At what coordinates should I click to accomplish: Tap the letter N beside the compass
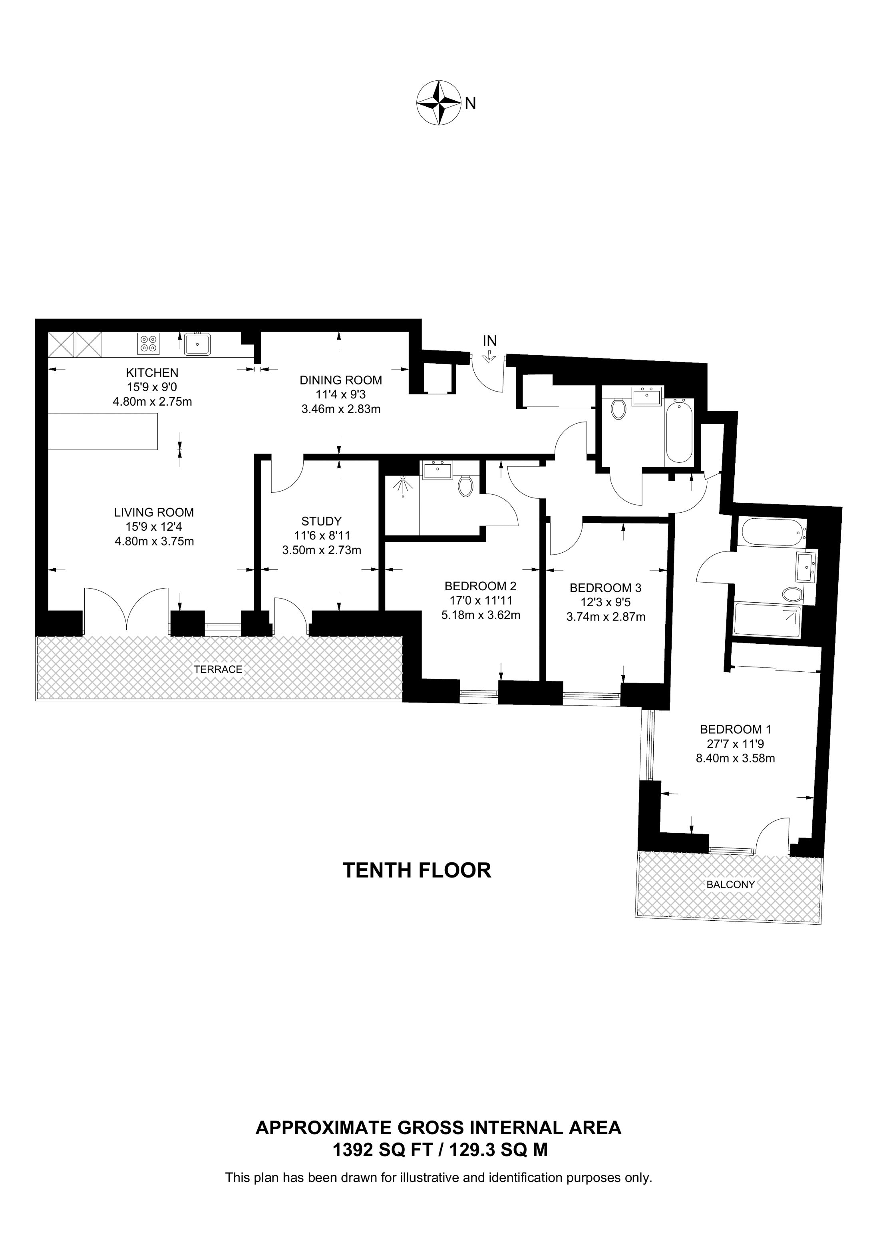coord(470,103)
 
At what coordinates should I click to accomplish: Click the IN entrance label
coord(489,341)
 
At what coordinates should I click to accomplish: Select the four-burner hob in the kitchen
coord(148,343)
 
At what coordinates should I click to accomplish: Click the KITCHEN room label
coord(152,373)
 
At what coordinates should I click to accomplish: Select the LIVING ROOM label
coord(154,512)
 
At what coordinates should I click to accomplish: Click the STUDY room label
coord(322,521)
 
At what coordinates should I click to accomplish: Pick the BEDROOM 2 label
coord(480,586)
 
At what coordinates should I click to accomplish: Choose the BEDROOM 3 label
coord(605,588)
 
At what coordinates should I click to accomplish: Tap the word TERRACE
coord(218,669)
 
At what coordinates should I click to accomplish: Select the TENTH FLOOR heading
coord(417,870)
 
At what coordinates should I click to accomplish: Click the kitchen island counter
coord(103,431)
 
